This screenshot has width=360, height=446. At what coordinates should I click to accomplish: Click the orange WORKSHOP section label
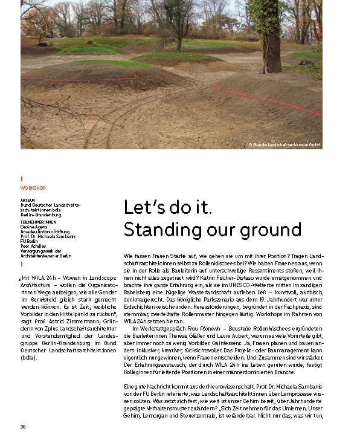coord(33,188)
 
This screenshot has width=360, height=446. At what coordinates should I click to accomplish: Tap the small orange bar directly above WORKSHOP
coord(22,179)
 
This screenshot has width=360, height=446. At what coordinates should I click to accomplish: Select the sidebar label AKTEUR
coord(28,198)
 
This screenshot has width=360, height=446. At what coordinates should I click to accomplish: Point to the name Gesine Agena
coord(34,226)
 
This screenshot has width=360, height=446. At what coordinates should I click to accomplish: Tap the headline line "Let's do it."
coord(167,207)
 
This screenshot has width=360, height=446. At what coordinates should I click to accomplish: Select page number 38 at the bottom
coord(23,426)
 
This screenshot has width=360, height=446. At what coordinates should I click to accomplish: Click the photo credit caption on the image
coord(284,145)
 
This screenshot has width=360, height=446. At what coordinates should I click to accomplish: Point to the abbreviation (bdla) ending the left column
coord(28,357)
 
